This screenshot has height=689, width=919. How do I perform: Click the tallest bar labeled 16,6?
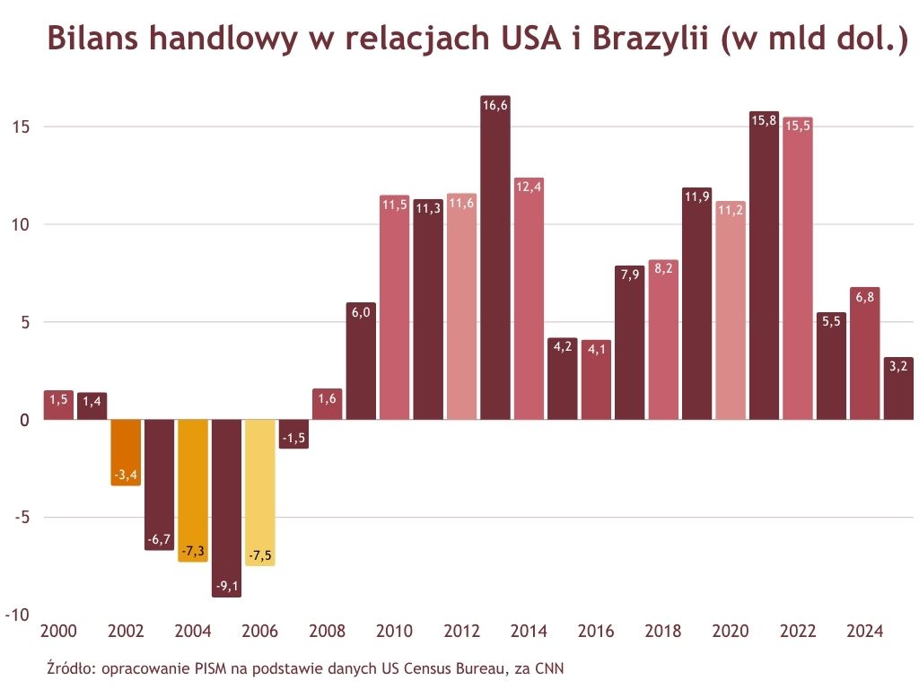[495, 260]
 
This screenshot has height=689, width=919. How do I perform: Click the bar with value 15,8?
[764, 269]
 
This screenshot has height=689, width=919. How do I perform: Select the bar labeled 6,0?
[361, 363]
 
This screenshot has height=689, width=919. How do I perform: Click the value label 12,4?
[529, 187]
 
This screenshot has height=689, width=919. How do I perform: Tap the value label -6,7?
[159, 540]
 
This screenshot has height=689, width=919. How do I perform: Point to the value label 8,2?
[663, 267]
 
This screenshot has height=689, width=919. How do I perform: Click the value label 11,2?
[731, 210]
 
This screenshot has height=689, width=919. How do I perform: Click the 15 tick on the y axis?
[21, 126]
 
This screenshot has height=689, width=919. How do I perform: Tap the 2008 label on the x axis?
[327, 632]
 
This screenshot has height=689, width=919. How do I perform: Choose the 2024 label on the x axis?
[865, 632]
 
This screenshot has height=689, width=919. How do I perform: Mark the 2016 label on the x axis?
[596, 632]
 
